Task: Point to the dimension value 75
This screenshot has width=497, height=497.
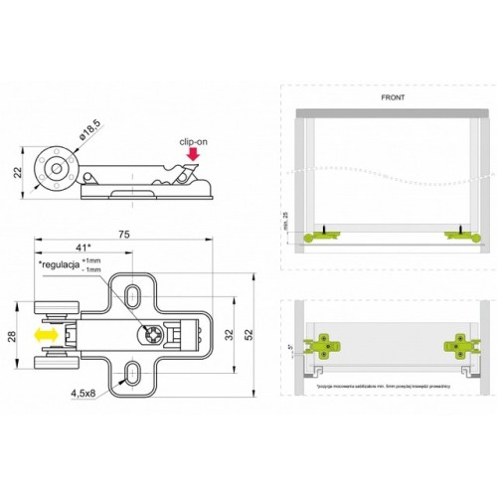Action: pos(124,236)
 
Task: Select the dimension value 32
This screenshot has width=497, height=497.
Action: pos(230,335)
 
